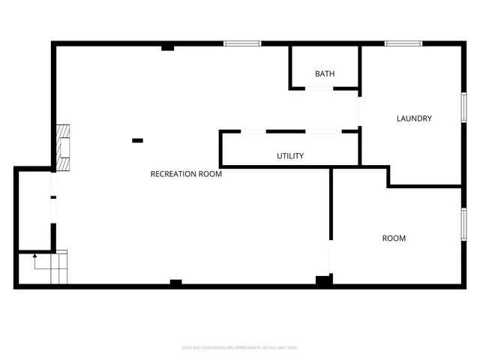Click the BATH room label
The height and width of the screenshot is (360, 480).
point(325,73)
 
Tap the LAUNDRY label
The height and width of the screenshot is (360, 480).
point(414,118)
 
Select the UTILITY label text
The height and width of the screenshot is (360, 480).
point(290,156)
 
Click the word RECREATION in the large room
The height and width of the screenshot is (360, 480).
point(173,174)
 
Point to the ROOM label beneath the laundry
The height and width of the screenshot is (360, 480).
point(394,238)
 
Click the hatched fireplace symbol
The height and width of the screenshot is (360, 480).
point(64,148)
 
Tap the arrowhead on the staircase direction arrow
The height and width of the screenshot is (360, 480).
point(34,257)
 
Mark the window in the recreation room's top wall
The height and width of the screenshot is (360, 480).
point(242,43)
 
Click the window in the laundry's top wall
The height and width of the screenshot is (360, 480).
point(403,43)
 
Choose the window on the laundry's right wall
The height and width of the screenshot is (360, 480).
point(463,105)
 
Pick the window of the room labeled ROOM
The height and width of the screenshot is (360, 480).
point(463,224)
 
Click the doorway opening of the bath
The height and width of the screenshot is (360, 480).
point(319,88)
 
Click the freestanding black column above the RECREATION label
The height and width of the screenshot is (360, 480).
point(137,140)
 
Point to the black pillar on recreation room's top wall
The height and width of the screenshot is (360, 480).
point(168,48)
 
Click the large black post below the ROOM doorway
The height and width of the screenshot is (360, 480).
point(323,280)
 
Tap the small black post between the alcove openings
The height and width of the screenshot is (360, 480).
point(53,197)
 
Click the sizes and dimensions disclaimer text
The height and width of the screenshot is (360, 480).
point(240,347)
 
